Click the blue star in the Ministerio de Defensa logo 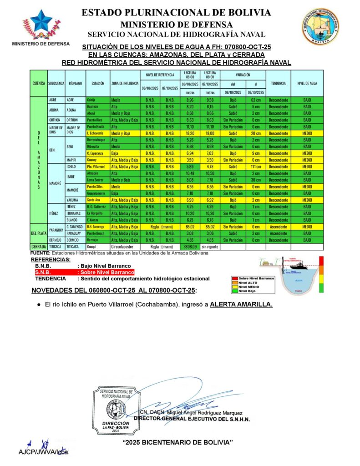click(x=41, y=20)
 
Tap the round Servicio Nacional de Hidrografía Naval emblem click(x=319, y=26)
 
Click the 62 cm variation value click(x=255, y=99)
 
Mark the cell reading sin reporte click(x=210, y=247)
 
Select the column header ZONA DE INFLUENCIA click(x=125, y=83)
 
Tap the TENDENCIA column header click(x=278, y=83)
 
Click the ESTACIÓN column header click(x=97, y=83)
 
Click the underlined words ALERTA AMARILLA click(x=241, y=304)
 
